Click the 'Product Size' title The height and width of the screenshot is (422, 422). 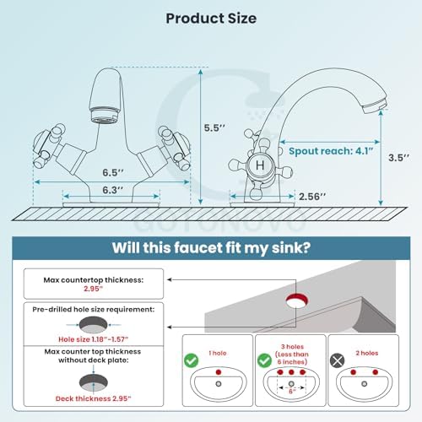211,19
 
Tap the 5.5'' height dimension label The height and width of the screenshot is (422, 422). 214,127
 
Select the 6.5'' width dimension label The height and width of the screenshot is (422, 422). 113,172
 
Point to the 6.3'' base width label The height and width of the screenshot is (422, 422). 113,190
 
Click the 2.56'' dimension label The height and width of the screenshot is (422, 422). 312,197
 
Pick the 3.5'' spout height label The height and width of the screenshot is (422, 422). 399,158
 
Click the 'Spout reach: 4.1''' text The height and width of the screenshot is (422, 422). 331,151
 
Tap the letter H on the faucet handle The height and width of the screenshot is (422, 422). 260,165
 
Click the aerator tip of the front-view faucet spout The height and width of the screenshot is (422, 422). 104,116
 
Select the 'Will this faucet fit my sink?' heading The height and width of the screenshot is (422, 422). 211,248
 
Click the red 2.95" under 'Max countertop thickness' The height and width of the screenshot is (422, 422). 94,289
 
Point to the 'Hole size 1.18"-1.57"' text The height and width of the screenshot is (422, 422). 94,339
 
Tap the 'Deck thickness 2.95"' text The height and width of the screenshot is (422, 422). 94,398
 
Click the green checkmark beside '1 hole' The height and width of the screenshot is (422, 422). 192,360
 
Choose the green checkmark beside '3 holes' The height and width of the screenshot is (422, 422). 264,360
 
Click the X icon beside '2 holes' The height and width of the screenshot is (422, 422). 337,360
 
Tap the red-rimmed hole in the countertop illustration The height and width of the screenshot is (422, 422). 297,300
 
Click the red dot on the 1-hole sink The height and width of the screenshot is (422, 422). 219,372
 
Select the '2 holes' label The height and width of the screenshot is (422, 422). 367,353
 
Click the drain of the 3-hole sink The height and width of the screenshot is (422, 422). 291,384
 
